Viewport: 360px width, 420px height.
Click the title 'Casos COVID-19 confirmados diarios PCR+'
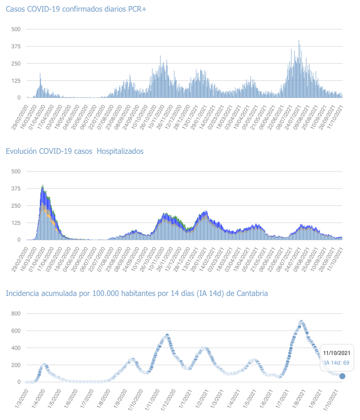pos(76,9)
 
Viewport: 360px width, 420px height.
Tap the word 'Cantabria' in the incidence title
pos(246,293)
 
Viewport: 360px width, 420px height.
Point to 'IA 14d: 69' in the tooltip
pos(337,362)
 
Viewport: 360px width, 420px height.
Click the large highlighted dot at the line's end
pos(342,376)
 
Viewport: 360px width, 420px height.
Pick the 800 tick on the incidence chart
pos(16,314)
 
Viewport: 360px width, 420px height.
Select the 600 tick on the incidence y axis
pos(16,331)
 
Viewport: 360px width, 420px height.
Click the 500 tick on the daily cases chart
pos(16,29)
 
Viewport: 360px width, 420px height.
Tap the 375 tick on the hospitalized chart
pos(16,188)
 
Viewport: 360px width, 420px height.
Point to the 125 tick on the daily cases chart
pos(16,81)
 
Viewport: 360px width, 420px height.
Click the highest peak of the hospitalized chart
pos(43,185)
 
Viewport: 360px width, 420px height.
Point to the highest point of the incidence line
pos(301,322)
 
